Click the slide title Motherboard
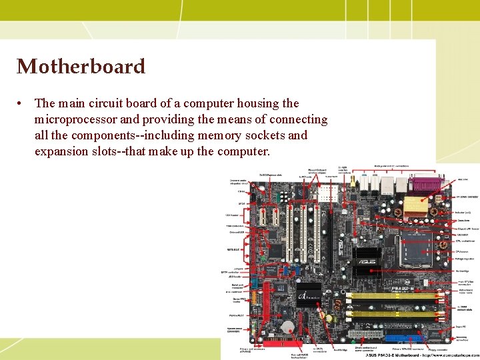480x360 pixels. pos(81,67)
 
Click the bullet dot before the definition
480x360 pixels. pos(22,104)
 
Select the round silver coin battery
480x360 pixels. pos(287,327)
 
